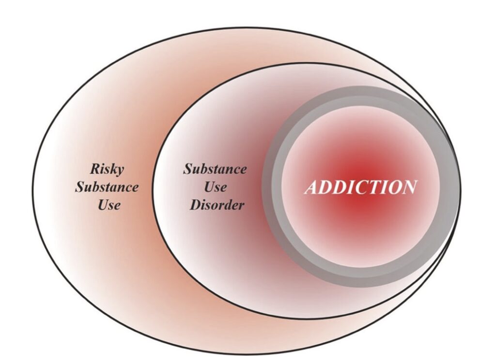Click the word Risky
click(x=107, y=170)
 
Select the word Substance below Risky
click(x=107, y=187)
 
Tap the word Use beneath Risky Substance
click(x=108, y=204)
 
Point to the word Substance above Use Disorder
click(x=215, y=170)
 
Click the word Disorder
click(x=217, y=204)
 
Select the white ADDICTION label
click(x=360, y=187)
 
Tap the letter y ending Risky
click(x=120, y=171)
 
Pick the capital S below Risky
click(x=79, y=187)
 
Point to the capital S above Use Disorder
click(x=187, y=170)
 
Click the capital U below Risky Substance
click(x=102, y=204)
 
